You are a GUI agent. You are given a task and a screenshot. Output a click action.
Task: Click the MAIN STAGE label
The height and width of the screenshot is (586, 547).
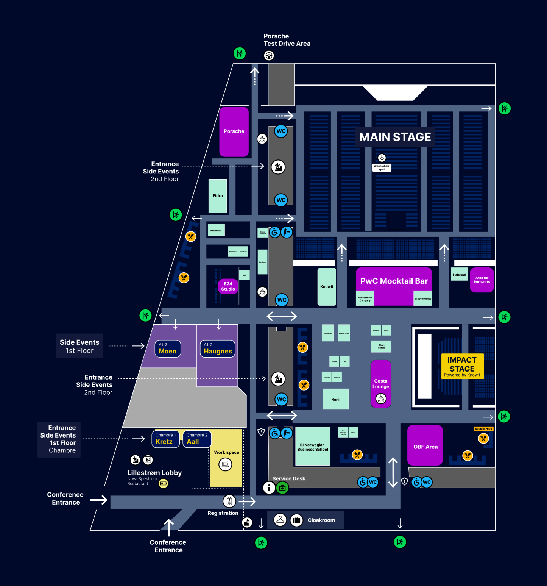[395, 137]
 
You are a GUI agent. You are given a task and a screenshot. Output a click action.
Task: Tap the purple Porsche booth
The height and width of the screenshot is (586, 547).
[234, 131]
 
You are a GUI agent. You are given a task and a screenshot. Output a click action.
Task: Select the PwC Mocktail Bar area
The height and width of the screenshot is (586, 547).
[394, 281]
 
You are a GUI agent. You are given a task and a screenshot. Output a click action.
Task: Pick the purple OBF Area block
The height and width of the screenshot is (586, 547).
[425, 446]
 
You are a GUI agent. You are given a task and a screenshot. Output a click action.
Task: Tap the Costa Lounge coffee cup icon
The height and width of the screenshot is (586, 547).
[381, 398]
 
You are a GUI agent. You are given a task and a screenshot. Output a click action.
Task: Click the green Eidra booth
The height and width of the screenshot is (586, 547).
[218, 196]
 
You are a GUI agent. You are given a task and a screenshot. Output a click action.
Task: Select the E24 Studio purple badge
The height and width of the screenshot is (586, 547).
[228, 286]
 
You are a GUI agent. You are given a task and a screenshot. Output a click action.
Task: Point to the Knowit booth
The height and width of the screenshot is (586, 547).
[327, 287]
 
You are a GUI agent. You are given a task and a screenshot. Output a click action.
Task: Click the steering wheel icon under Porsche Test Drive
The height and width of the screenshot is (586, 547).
[269, 56]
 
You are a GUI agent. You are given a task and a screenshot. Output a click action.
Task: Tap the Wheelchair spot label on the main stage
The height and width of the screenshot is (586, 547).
[382, 167]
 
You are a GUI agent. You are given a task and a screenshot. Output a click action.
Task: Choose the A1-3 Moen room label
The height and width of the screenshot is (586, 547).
[168, 348]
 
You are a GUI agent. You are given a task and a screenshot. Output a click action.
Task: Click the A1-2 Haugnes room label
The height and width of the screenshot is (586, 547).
[218, 348]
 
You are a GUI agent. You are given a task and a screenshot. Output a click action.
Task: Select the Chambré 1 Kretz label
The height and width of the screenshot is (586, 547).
[165, 439]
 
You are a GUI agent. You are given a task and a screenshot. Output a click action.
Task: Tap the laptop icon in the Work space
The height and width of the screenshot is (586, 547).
[225, 464]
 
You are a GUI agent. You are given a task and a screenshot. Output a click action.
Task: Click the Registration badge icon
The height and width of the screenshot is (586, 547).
[229, 501]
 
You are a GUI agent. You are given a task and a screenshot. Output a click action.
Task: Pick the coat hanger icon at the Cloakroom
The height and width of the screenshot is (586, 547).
[280, 520]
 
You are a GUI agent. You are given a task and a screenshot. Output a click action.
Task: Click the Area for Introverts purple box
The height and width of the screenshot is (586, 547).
[482, 280]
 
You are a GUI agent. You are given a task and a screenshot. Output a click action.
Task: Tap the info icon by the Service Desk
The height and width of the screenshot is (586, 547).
[269, 488]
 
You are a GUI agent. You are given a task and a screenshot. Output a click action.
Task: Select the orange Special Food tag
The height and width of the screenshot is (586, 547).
[483, 429]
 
